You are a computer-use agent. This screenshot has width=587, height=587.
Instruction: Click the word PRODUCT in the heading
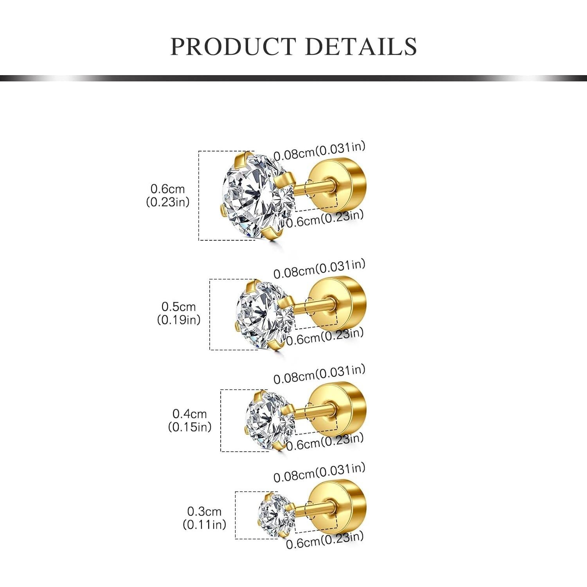coord(233,47)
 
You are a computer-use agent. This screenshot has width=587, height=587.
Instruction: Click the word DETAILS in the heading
coord(360,47)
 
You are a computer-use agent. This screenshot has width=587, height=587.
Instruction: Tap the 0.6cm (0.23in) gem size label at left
coord(167,195)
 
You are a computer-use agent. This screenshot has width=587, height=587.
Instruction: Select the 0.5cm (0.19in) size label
coord(178,313)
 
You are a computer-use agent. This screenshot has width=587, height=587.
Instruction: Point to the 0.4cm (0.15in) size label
coord(189,420)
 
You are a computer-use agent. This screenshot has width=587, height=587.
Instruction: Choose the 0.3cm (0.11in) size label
coord(204,518)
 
